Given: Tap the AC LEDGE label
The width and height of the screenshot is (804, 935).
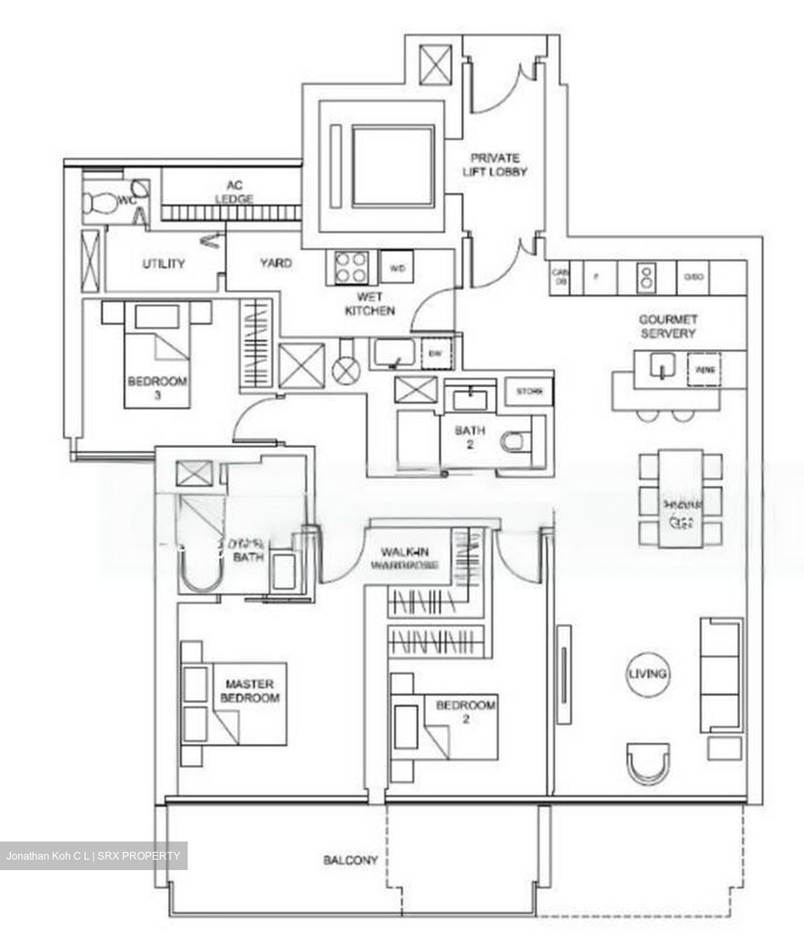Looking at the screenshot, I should [234, 192].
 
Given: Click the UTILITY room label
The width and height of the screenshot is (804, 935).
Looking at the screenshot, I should [164, 264].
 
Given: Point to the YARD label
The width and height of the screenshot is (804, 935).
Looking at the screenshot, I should [275, 264].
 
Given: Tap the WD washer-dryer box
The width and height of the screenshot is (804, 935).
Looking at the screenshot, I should [397, 268].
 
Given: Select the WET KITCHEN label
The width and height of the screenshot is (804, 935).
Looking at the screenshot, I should [370, 304].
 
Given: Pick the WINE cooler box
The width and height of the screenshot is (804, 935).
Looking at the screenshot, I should [704, 370].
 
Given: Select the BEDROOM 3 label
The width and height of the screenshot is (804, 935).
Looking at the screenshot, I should [157, 387].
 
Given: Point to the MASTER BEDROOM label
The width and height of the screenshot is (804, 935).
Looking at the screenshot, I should [250, 691].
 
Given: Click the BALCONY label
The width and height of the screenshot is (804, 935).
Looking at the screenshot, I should [351, 860].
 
